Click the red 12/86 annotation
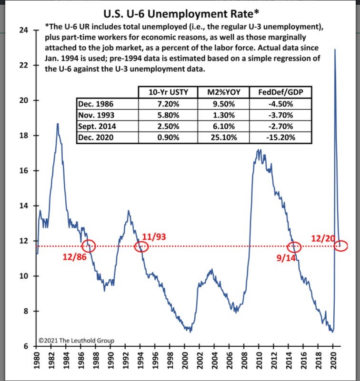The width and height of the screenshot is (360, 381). pyautogui.click(x=74, y=257)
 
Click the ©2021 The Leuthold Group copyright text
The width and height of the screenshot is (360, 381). pyautogui.click(x=76, y=341)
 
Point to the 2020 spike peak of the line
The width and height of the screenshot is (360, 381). pyautogui.click(x=334, y=49)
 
